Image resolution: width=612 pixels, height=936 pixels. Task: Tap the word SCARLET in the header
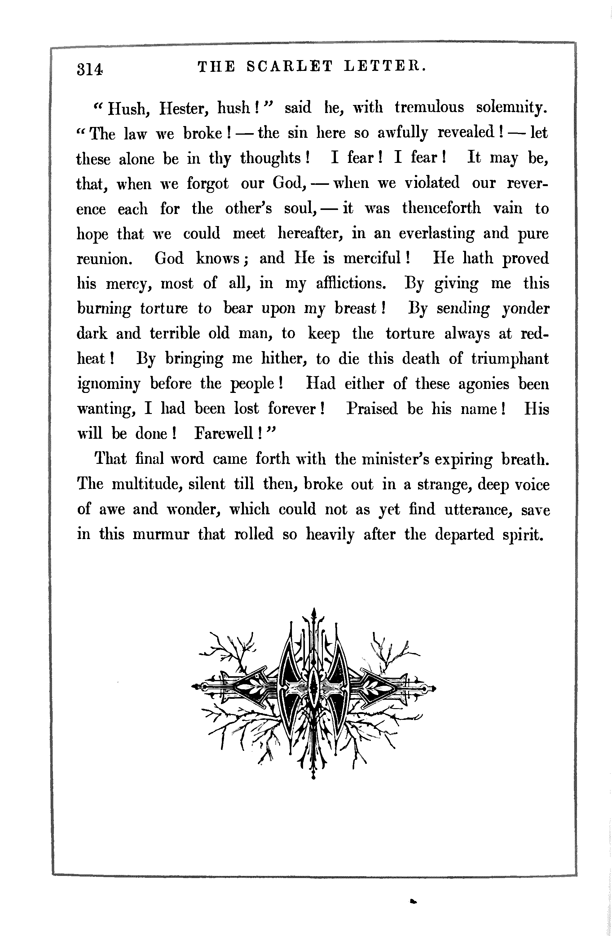289,67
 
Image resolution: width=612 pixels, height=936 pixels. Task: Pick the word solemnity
511,108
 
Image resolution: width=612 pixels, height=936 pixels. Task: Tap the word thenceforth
441,208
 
